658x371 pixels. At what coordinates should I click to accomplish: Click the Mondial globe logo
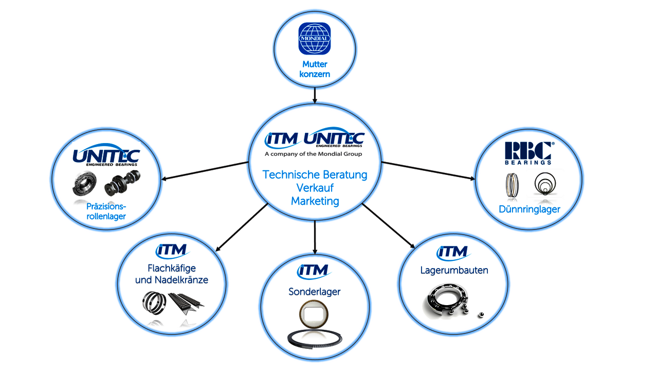pos(315,39)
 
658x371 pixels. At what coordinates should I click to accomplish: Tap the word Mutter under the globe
pos(315,64)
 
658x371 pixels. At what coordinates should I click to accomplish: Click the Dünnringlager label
pos(529,209)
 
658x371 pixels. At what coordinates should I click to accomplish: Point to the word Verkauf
pos(315,188)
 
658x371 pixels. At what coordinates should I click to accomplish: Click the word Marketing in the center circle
pos(315,201)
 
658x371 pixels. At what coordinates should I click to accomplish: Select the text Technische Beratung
pos(315,174)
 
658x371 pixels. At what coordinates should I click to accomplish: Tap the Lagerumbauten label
pos(454,270)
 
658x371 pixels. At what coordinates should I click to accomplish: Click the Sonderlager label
pos(314,292)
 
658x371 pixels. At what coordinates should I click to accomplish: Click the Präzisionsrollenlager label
pos(106,211)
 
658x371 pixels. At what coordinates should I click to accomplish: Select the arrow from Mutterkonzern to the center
pos(315,96)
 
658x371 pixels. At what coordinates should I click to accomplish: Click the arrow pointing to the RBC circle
pos(428,170)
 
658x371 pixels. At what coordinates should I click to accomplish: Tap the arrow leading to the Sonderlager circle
pos(315,237)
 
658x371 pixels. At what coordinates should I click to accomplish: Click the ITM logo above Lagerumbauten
pos(453,253)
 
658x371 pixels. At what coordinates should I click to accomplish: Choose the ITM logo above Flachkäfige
pos(172,251)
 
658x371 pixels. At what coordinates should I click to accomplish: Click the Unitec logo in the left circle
pos(106,155)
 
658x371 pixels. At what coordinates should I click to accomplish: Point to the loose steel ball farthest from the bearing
pos(481,315)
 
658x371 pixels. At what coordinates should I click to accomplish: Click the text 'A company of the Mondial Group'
pos(313,154)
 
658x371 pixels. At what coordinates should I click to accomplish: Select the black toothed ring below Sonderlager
pos(315,339)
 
